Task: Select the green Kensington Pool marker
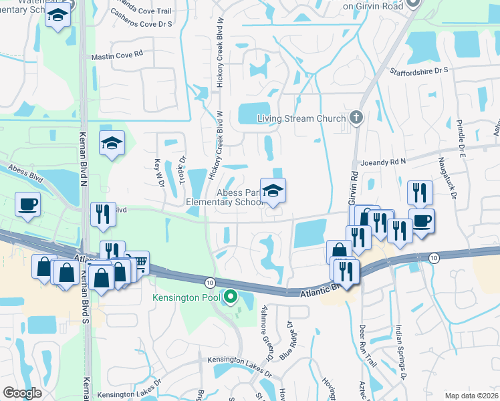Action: coord(231,295)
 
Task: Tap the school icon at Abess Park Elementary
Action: coord(273,192)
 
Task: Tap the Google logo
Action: coord(22,393)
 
